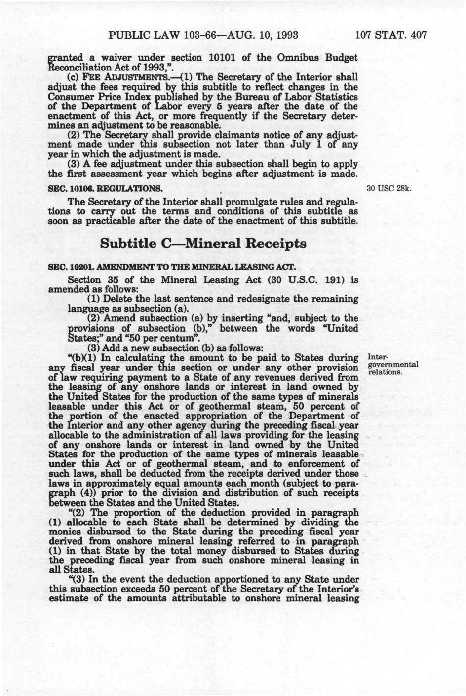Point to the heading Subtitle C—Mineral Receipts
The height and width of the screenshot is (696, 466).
(x=203, y=244)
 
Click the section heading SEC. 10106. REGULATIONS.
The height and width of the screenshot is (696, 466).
(x=105, y=189)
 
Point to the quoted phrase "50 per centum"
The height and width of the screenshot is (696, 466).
(x=162, y=338)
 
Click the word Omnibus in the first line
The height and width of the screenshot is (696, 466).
(x=286, y=58)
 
